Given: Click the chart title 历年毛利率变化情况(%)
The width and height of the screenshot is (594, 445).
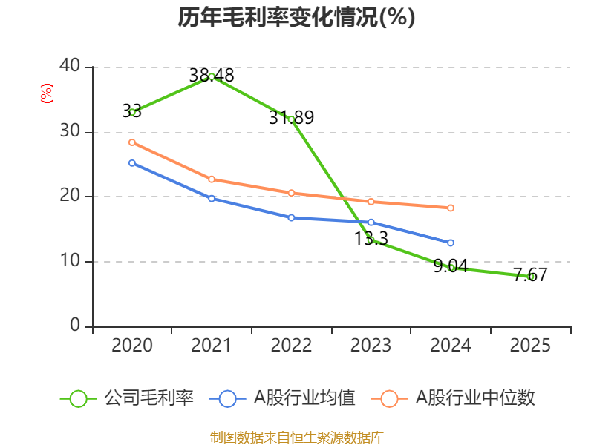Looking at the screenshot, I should (x=296, y=18).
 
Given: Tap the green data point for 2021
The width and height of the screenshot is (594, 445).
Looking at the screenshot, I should (x=212, y=76).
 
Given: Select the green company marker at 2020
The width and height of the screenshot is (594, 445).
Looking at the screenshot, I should (x=132, y=112).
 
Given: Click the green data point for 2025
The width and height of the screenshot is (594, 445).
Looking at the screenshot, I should (x=531, y=277).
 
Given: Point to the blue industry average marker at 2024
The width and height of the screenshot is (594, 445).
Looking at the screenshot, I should (x=451, y=243).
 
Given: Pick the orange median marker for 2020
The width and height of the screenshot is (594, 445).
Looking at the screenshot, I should (x=132, y=142).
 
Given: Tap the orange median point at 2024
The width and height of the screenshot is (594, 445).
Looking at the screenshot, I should (x=451, y=208).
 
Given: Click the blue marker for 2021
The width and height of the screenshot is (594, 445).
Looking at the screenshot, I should (x=212, y=198).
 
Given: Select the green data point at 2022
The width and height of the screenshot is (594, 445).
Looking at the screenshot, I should (x=291, y=119).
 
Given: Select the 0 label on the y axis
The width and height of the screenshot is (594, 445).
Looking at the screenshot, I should (x=75, y=326).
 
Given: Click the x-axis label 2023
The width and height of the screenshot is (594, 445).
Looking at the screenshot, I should (x=371, y=346).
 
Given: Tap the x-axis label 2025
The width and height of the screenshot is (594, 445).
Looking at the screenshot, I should (x=530, y=346).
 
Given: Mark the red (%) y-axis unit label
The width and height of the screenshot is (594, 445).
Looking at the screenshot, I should (x=47, y=93).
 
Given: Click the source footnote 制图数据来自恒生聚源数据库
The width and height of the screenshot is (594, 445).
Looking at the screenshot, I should (x=296, y=437).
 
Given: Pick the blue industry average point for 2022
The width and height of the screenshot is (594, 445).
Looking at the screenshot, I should (x=291, y=217).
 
